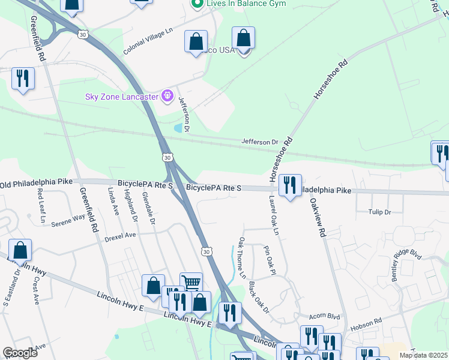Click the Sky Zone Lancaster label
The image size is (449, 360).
[121, 96]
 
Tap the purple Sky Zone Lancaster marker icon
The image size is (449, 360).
[167, 95]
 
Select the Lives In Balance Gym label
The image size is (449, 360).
[246, 4]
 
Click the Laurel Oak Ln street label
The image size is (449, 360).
[275, 214]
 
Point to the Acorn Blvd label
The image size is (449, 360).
[324, 316]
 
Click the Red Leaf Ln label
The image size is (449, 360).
[41, 206]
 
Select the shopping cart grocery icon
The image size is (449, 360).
[191, 283]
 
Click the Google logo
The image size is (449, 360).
[20, 353]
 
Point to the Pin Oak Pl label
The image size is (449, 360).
[268, 259]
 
